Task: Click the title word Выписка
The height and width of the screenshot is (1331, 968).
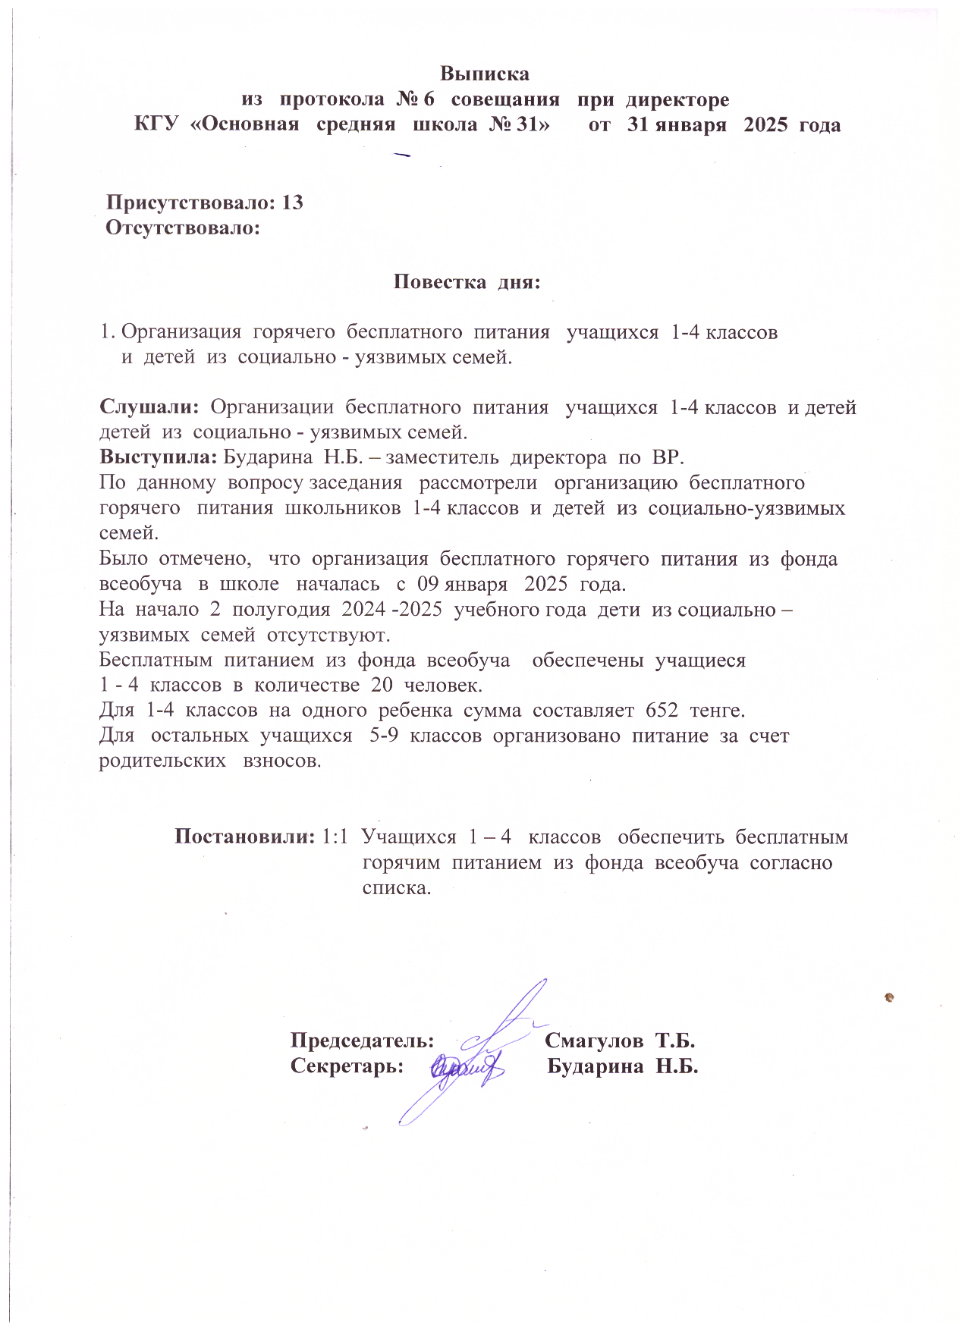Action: (484, 74)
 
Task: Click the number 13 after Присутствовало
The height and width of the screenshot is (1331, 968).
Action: (292, 202)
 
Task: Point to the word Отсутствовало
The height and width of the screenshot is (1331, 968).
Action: (182, 228)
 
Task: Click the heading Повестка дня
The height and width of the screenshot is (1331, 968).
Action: (467, 282)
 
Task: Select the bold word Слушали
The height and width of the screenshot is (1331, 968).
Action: (148, 407)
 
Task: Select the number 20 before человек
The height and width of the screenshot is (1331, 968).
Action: (382, 685)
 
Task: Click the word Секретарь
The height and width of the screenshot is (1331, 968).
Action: (347, 1066)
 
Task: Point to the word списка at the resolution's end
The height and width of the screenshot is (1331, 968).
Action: (396, 887)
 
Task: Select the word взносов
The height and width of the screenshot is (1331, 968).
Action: (281, 761)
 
